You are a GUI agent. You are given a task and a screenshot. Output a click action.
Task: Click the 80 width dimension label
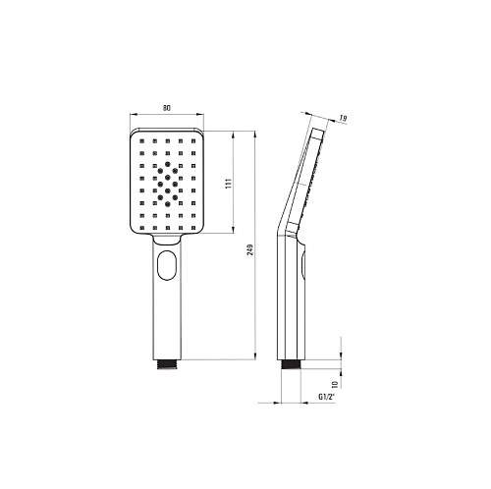tap(167, 108)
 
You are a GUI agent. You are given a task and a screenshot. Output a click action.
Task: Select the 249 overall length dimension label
tap(250, 249)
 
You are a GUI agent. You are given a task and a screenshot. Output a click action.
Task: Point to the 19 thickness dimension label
tap(343, 118)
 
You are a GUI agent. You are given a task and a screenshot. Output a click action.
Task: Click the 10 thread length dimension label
tap(335, 384)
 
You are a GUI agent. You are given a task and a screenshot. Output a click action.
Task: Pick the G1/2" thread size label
tap(326, 397)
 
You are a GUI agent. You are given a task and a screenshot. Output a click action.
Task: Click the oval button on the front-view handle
tap(167, 265)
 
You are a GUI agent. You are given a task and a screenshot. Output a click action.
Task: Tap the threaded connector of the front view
tap(167, 364)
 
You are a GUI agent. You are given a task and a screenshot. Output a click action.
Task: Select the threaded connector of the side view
tap(292, 364)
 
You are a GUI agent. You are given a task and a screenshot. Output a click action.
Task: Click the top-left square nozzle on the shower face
tap(141, 141)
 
